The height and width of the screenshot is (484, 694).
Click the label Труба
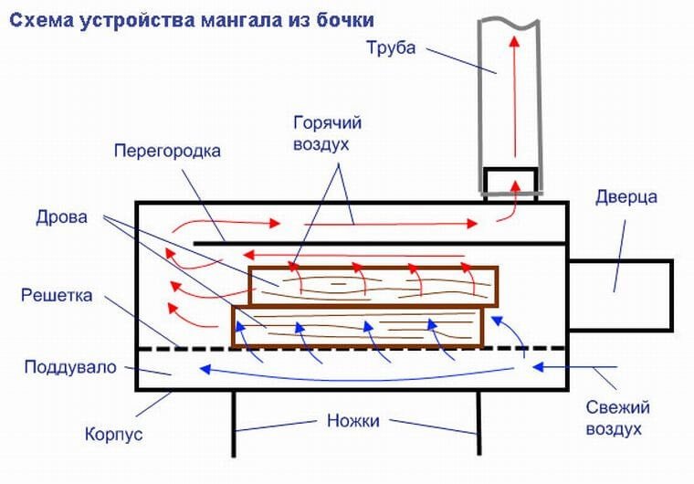[390, 48]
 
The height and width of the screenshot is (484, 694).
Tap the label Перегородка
[167, 151]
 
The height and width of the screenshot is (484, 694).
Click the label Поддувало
[71, 367]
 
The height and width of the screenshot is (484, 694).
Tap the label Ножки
[352, 421]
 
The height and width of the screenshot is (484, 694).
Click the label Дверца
[626, 197]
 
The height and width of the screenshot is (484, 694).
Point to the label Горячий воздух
[322, 133]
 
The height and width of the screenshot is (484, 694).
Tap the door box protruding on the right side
[620, 293]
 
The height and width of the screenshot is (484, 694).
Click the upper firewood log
[373, 286]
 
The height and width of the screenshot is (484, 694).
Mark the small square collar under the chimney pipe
[511, 183]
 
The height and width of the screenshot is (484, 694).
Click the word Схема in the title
[37, 19]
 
